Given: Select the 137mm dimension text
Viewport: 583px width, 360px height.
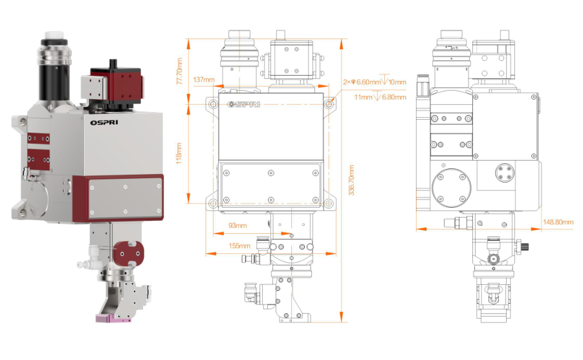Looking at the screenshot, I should [x=203, y=80].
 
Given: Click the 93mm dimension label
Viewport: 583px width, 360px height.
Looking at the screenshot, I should [x=238, y=226].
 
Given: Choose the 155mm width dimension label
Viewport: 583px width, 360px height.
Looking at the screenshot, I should [x=239, y=246].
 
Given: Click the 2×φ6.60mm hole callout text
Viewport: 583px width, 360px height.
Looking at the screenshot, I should [x=362, y=82].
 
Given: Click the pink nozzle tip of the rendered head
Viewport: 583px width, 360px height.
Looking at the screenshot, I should [x=112, y=318].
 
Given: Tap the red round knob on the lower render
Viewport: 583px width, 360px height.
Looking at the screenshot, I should [x=126, y=251].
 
